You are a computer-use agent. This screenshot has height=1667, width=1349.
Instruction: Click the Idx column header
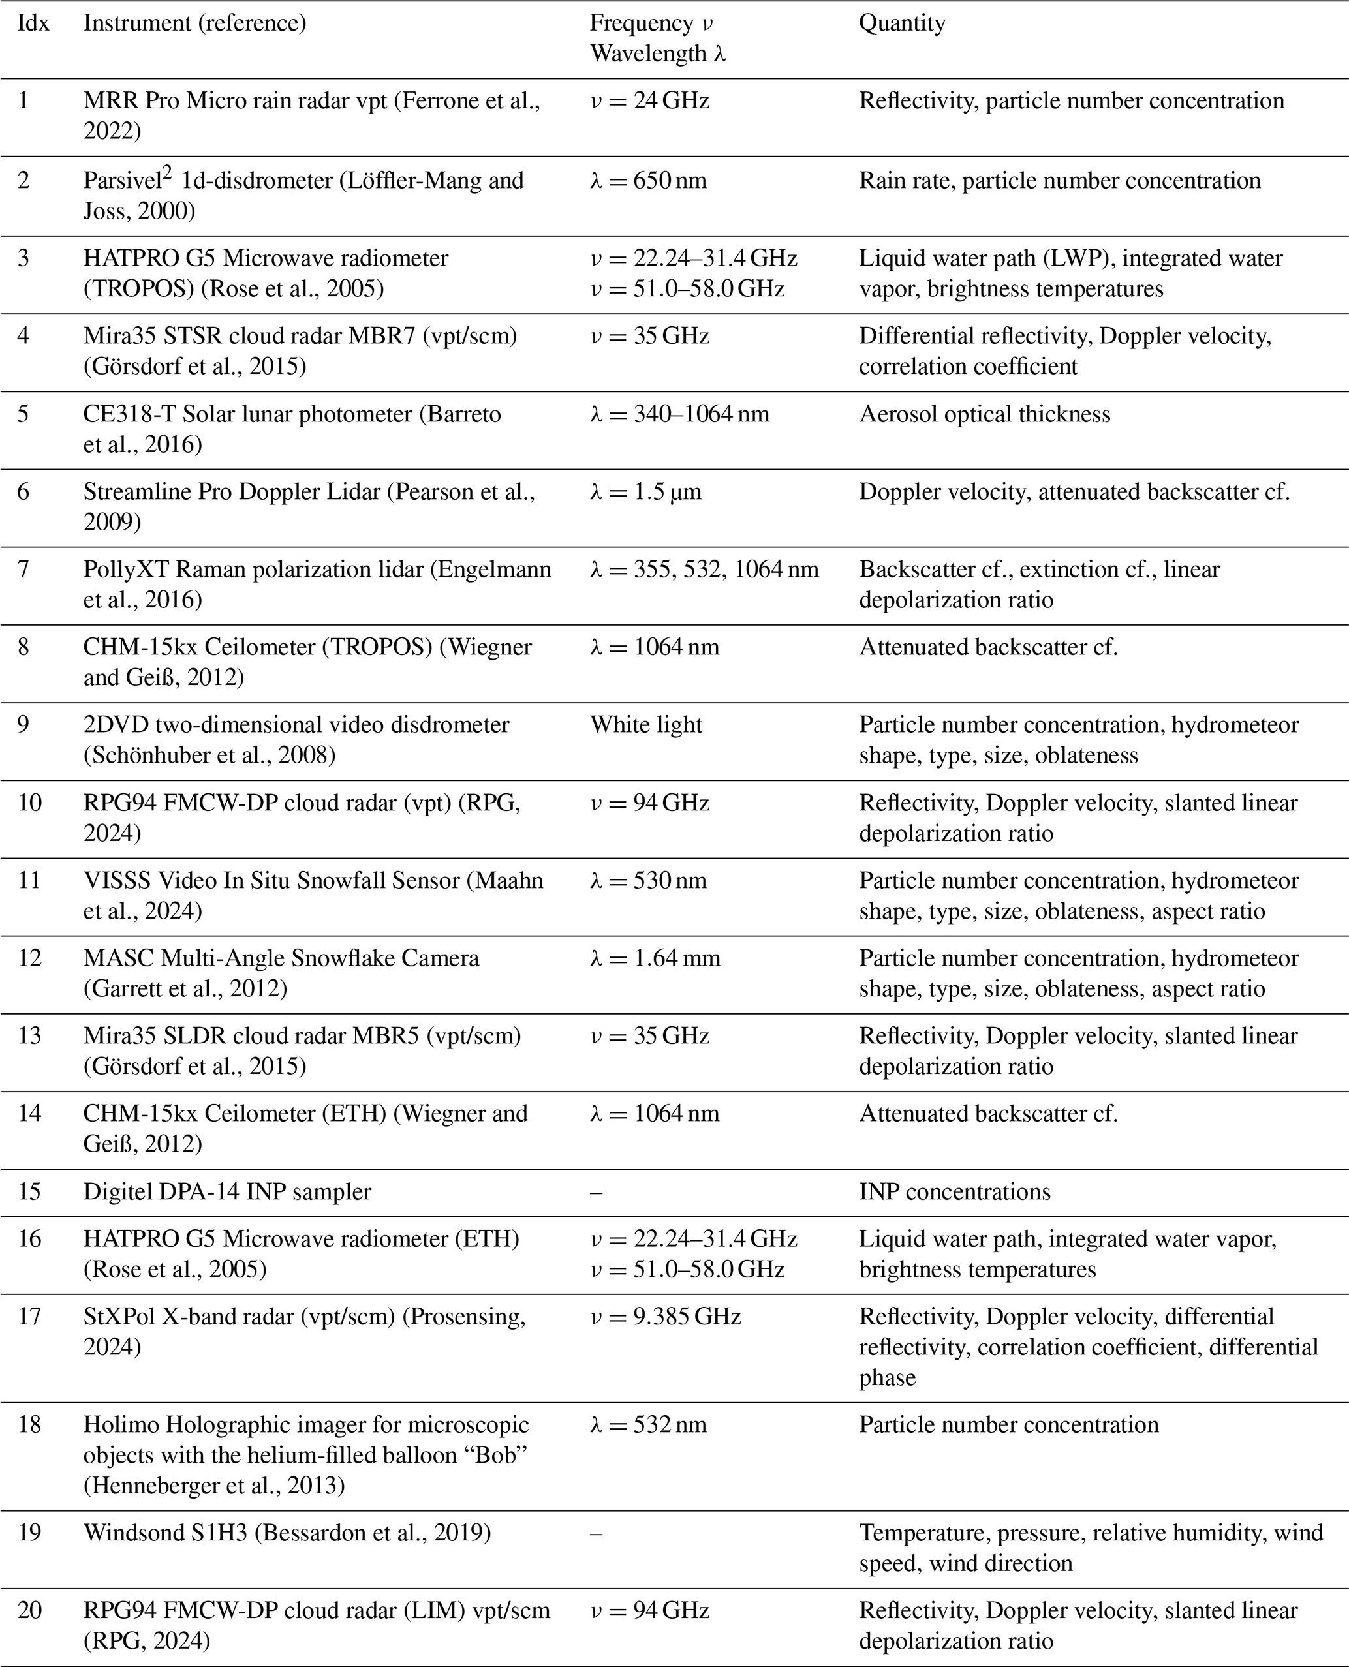(x=33, y=23)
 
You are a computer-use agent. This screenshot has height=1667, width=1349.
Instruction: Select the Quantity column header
(x=901, y=23)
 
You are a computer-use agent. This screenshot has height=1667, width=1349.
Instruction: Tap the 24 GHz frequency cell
(x=649, y=101)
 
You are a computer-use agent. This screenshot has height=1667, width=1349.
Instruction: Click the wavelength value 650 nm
(x=648, y=180)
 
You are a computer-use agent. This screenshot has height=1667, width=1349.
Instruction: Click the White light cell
(x=645, y=725)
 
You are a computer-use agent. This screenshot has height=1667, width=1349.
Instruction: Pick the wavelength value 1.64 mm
(x=655, y=958)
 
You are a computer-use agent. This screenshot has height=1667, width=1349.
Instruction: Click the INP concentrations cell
(x=954, y=1191)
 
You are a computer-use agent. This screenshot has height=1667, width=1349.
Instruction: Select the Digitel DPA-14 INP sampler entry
(x=227, y=1191)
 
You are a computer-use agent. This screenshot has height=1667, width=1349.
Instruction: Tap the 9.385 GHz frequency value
(x=665, y=1316)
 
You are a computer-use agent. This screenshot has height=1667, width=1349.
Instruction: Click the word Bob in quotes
(x=496, y=1455)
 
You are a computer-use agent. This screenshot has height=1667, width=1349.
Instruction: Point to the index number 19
(x=29, y=1533)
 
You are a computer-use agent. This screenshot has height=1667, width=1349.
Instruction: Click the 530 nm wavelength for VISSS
(x=648, y=880)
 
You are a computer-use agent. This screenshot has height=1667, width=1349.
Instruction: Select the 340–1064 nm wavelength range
(x=680, y=414)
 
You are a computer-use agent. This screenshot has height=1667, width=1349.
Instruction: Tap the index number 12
(x=29, y=958)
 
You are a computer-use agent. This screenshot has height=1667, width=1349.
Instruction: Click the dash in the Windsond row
(x=596, y=1533)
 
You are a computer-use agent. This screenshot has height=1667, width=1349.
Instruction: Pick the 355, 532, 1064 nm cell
(x=704, y=570)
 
